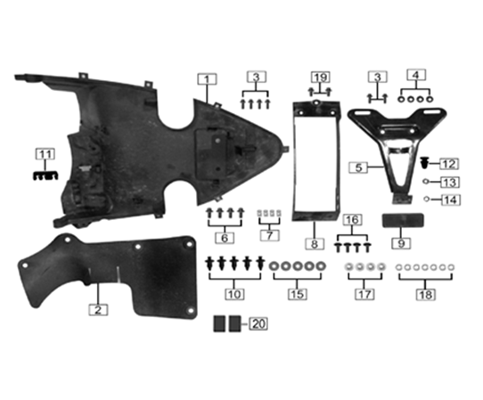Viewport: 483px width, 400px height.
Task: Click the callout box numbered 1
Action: pyautogui.click(x=206, y=79)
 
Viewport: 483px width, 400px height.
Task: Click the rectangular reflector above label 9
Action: pyautogui.click(x=399, y=221)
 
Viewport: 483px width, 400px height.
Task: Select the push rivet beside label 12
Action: pyautogui.click(x=425, y=163)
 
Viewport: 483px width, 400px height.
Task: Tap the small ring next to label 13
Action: pyautogui.click(x=428, y=182)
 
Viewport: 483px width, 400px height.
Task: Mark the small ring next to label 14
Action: pyautogui.click(x=428, y=199)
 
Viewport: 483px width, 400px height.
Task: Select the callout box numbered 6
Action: pyautogui.click(x=225, y=238)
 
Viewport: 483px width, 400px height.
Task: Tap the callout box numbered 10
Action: pyautogui.click(x=234, y=293)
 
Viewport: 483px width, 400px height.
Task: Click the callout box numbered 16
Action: pyautogui.click(x=354, y=219)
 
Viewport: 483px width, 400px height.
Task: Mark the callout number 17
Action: pyautogui.click(x=364, y=293)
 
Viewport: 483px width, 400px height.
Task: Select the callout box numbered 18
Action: pyautogui.click(x=429, y=293)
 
